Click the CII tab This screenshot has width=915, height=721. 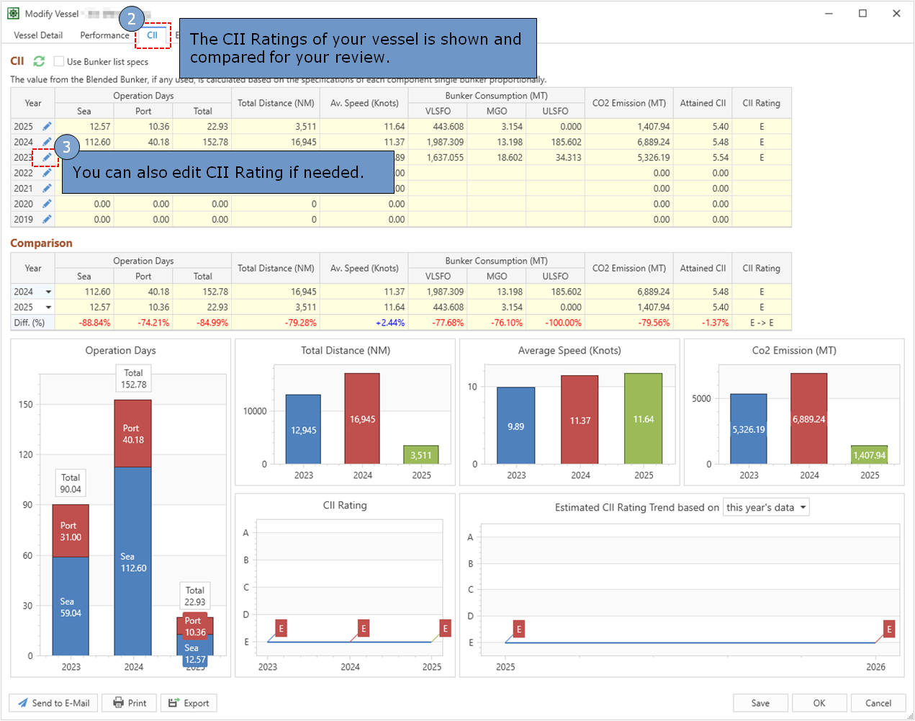[152, 35]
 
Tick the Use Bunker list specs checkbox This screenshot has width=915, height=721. [59, 62]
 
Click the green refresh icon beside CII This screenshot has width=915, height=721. [39, 61]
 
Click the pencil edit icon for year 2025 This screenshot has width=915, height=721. [47, 127]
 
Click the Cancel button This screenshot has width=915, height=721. [878, 703]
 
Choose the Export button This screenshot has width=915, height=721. [189, 703]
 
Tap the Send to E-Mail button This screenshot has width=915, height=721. [54, 703]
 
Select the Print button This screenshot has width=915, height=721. [130, 703]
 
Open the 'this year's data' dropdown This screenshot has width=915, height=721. [766, 507]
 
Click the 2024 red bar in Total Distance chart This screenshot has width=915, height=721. [362, 418]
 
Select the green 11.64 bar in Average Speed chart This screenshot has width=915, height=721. [643, 418]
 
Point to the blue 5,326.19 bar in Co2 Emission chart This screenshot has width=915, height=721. [749, 429]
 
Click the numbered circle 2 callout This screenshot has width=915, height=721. [131, 19]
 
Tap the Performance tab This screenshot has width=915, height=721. [104, 35]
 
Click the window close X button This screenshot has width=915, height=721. [896, 13]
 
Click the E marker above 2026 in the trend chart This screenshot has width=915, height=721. [889, 629]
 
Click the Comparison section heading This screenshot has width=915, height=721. [41, 243]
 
